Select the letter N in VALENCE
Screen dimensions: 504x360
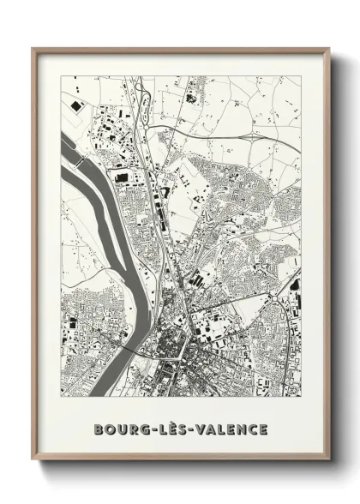[243, 428]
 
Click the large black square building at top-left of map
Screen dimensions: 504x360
[76, 104]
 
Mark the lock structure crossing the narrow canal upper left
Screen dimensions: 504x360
[78, 160]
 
